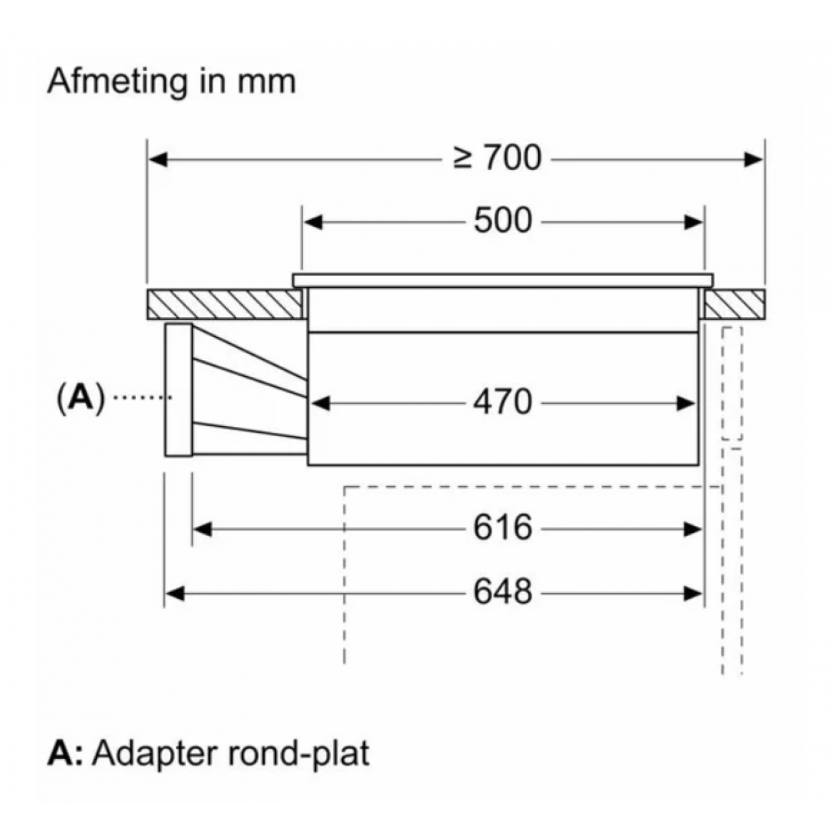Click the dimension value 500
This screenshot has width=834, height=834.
[502, 221]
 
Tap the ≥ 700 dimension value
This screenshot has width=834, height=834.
[498, 157]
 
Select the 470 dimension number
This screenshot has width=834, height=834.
[502, 403]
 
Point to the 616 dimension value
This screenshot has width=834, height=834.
[502, 527]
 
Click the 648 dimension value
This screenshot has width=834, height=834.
[502, 592]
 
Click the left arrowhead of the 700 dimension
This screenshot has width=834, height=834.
[158, 157]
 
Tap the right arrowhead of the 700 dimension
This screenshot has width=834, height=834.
[755, 157]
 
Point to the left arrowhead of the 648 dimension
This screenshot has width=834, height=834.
[173, 592]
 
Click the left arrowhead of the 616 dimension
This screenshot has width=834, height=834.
[202, 527]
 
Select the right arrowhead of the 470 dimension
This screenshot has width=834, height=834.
[686, 403]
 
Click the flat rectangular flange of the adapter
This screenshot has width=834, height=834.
[178, 390]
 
